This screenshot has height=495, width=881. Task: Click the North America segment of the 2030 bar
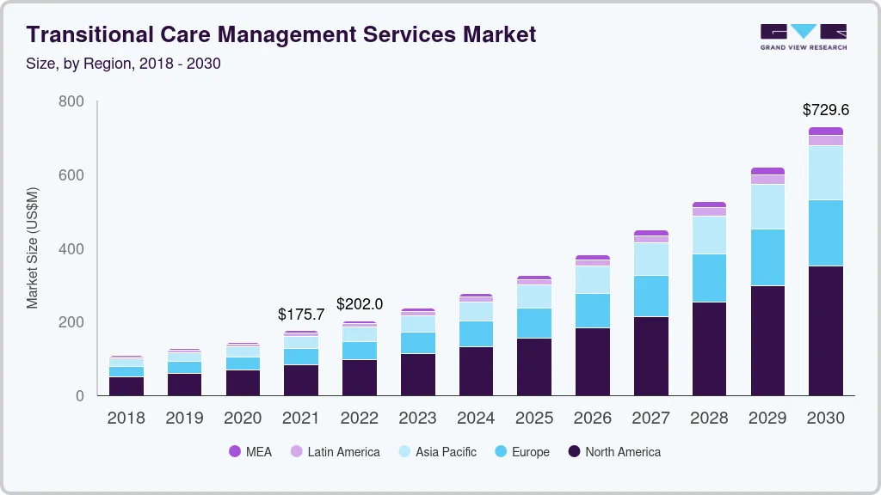pyautogui.click(x=826, y=331)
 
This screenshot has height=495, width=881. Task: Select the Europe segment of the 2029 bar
pyautogui.click(x=767, y=257)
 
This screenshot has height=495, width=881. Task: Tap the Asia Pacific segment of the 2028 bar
pyautogui.click(x=709, y=235)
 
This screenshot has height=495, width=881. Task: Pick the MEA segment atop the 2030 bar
pyautogui.click(x=826, y=131)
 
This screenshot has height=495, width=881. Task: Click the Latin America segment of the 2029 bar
pyautogui.click(x=767, y=179)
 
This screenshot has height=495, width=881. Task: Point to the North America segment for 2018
pyautogui.click(x=126, y=386)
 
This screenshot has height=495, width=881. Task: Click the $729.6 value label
pyautogui.click(x=826, y=110)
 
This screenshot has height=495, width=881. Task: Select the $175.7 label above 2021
pyautogui.click(x=301, y=315)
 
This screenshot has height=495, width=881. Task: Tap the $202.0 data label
pyautogui.click(x=360, y=304)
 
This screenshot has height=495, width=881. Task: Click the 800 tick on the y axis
pyautogui.click(x=71, y=101)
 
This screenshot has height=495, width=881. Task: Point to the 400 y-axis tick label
pyautogui.click(x=71, y=249)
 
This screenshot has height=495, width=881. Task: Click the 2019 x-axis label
pyautogui.click(x=184, y=419)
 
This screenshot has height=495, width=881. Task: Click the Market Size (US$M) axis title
pyautogui.click(x=33, y=247)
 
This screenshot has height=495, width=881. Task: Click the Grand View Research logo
pyautogui.click(x=804, y=37)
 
